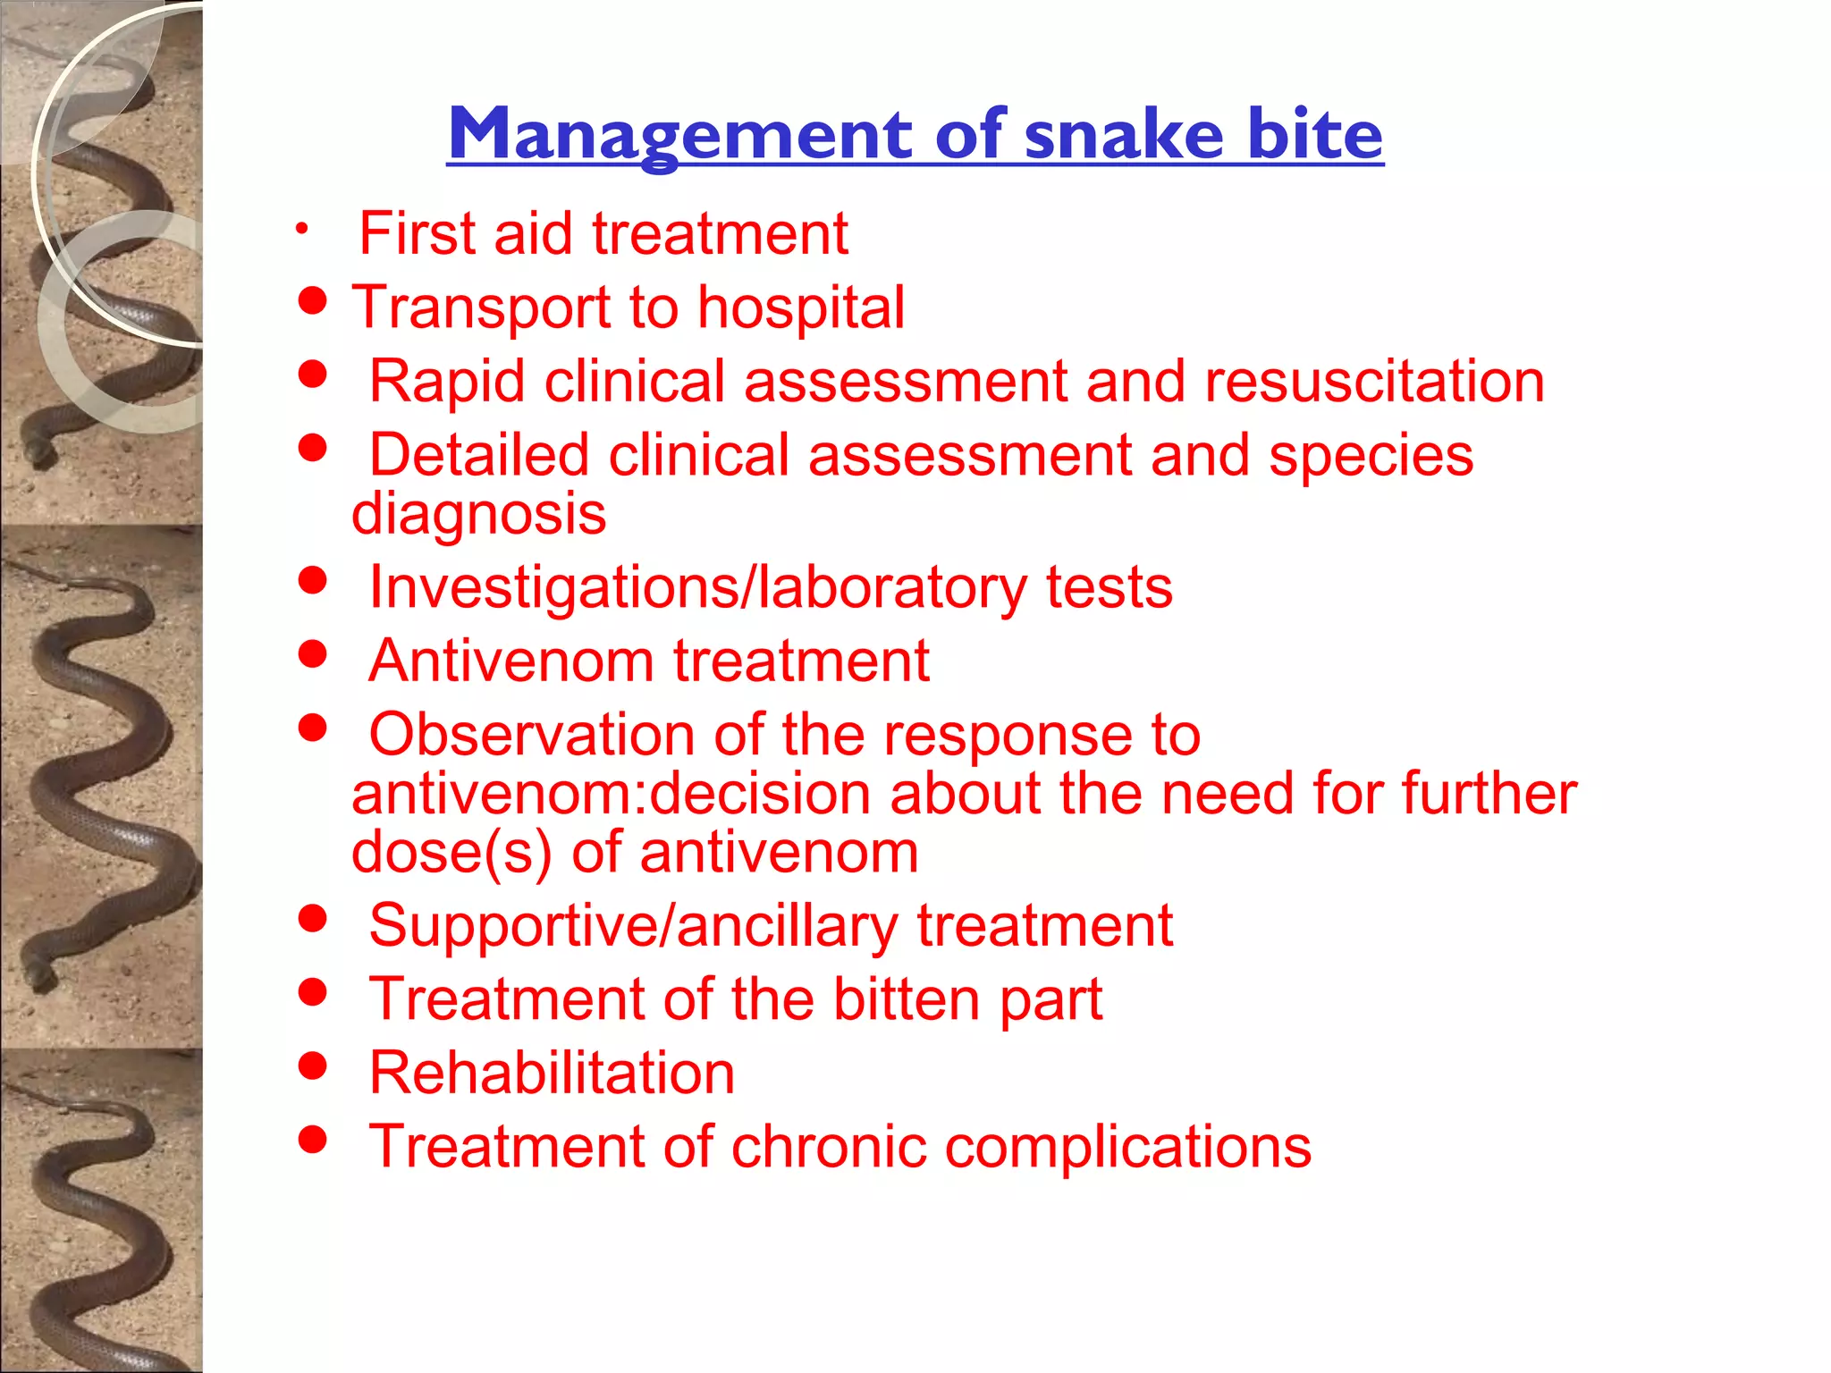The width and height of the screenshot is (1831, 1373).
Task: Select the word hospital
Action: point(801,307)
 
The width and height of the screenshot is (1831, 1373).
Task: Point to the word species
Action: point(1371,456)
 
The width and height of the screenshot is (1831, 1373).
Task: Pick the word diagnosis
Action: point(479,514)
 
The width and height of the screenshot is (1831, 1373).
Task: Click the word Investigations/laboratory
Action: point(697,588)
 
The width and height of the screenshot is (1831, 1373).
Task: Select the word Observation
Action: point(532,736)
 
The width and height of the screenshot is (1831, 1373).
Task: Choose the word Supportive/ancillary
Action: point(633,926)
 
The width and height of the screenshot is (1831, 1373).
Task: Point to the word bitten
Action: point(907,999)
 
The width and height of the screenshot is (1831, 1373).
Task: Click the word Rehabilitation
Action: point(552,1073)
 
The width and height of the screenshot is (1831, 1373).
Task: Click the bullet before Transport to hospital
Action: point(312,301)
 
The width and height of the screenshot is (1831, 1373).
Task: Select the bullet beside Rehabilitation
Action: point(312,1066)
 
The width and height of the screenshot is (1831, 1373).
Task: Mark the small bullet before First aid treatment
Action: point(303,229)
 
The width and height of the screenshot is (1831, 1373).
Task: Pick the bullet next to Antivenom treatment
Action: point(312,653)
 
